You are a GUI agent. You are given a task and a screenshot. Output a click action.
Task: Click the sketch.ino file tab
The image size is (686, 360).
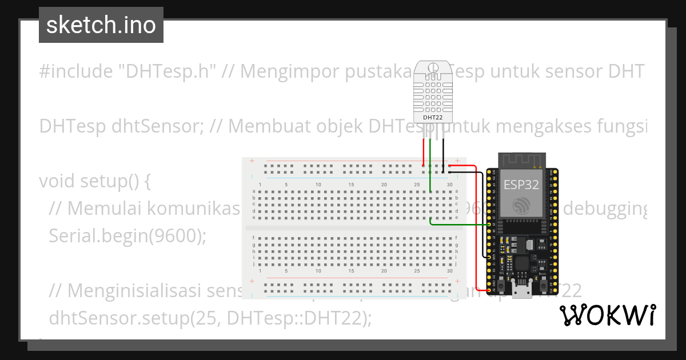pyautogui.click(x=101, y=25)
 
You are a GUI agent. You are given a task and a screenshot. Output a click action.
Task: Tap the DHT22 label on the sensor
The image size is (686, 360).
pyautogui.click(x=432, y=118)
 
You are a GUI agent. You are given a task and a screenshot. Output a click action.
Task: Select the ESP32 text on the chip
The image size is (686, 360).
pyautogui.click(x=520, y=184)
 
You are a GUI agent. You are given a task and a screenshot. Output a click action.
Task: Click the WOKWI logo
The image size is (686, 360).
pyautogui.click(x=607, y=315)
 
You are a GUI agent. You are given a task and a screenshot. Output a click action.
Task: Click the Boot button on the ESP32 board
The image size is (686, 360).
pyautogui.click(x=542, y=284)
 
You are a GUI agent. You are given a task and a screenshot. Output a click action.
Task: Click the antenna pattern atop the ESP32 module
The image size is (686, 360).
pyautogui.click(x=521, y=161)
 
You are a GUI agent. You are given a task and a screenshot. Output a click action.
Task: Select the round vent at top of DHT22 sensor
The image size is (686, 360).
pyautogui.click(x=432, y=68)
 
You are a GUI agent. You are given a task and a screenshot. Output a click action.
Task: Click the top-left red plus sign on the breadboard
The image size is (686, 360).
pyautogui.click(x=252, y=162)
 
